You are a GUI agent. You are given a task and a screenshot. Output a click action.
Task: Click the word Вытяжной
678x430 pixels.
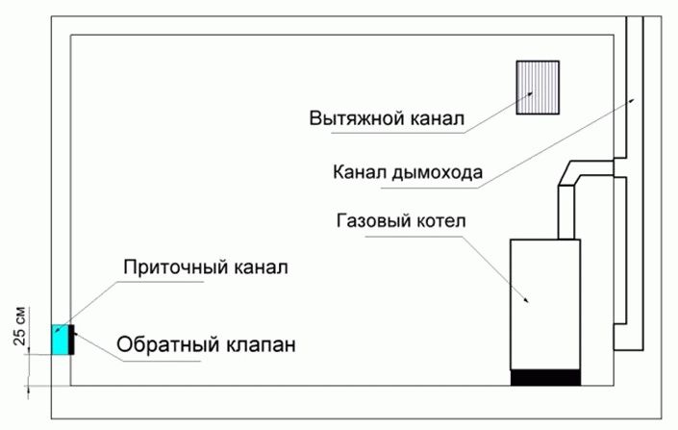[x=356, y=118]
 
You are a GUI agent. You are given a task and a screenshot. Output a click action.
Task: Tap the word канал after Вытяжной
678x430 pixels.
[x=437, y=118]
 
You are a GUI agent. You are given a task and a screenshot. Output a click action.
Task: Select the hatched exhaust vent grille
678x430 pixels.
[x=538, y=88]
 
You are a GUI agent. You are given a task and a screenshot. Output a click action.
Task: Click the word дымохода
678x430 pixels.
[x=438, y=172]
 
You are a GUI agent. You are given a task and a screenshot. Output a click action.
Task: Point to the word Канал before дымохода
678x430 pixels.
[x=360, y=172]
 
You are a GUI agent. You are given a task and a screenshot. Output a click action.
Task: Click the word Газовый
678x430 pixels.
[x=373, y=220]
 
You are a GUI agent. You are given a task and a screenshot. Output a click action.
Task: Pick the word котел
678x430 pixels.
[x=441, y=221]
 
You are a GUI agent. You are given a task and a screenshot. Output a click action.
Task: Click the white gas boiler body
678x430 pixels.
[x=545, y=305]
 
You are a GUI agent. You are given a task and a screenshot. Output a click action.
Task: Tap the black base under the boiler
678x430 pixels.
[x=545, y=378]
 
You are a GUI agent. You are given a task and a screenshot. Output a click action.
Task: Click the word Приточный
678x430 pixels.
[x=175, y=267]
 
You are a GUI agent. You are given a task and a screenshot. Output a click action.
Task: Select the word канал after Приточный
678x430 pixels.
[x=261, y=267]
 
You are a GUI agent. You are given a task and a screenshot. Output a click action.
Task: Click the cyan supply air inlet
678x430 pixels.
[x=60, y=340]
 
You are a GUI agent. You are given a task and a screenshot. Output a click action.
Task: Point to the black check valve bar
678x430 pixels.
[x=71, y=340]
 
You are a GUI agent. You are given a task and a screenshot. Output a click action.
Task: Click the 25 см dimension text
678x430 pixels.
[x=19, y=326]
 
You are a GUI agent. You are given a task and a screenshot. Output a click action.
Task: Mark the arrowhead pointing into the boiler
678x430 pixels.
[x=526, y=300]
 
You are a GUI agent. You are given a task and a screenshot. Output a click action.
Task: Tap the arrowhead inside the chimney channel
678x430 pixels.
[x=632, y=101]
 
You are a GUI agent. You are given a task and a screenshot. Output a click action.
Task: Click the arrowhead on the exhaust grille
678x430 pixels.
[x=530, y=94]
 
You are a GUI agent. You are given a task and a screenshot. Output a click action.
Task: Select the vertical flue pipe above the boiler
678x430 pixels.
[x=566, y=212]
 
